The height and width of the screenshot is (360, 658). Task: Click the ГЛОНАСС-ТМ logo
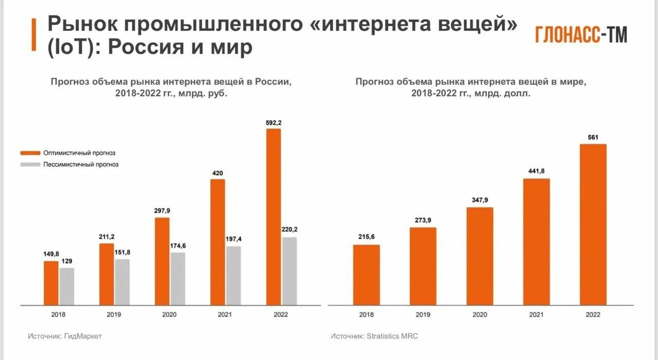click(581, 34)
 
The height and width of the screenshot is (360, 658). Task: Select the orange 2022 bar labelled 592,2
click(273, 216)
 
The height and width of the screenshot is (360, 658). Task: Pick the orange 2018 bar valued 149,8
click(51, 283)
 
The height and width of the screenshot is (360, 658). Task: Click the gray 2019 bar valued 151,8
click(122, 282)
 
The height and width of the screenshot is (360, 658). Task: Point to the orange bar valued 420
click(218, 242)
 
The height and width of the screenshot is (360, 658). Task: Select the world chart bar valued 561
click(593, 224)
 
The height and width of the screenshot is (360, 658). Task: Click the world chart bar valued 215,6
click(367, 275)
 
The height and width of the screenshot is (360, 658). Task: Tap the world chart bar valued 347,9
click(480, 256)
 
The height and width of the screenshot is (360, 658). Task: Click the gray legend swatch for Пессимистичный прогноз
click(30, 165)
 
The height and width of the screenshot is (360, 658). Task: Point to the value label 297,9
click(162, 210)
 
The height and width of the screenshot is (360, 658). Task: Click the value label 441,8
click(536, 171)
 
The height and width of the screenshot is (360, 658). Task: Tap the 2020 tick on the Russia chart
click(170, 314)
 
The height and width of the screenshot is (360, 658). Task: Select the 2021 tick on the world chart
click(536, 314)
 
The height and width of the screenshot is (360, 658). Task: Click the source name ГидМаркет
click(83, 336)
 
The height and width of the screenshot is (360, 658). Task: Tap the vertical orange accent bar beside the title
click(33, 35)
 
